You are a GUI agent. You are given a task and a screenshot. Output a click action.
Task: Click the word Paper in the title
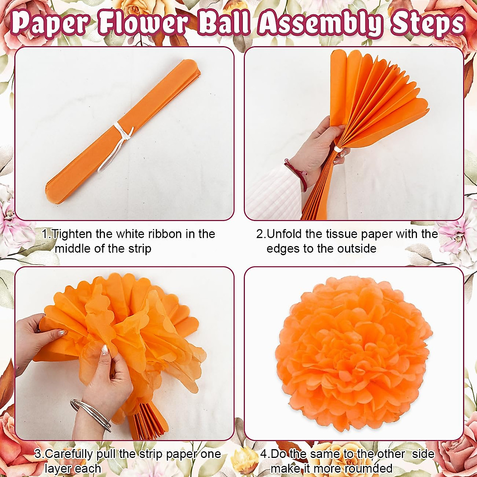(49, 23)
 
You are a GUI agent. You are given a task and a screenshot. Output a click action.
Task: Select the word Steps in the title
(428, 23)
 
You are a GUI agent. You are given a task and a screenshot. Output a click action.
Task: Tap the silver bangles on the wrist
(91, 415)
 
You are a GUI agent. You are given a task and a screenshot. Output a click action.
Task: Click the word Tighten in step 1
(73, 234)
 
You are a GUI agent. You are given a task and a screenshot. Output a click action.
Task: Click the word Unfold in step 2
(285, 234)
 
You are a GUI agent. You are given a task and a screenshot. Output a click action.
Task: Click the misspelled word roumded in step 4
(368, 469)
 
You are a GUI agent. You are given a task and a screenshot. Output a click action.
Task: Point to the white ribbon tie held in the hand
(338, 149)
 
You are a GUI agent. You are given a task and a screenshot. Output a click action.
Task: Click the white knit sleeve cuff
(270, 191)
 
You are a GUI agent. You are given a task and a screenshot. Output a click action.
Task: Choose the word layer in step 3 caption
(57, 469)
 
